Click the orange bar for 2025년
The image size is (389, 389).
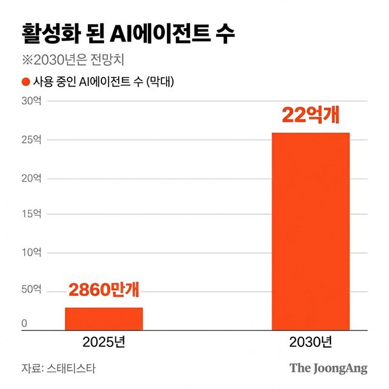[104, 318]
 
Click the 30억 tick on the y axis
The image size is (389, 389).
[31, 101]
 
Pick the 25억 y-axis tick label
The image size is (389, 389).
[31, 139]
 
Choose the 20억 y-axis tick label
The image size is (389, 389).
[31, 177]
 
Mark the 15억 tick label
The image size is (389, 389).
[31, 214]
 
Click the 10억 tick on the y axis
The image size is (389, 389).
[31, 253]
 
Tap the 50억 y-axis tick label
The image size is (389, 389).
[31, 291]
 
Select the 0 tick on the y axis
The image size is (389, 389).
[24, 324]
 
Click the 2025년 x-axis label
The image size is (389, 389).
[104, 342]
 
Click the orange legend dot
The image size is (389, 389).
[26, 82]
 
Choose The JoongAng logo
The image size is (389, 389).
[328, 369]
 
